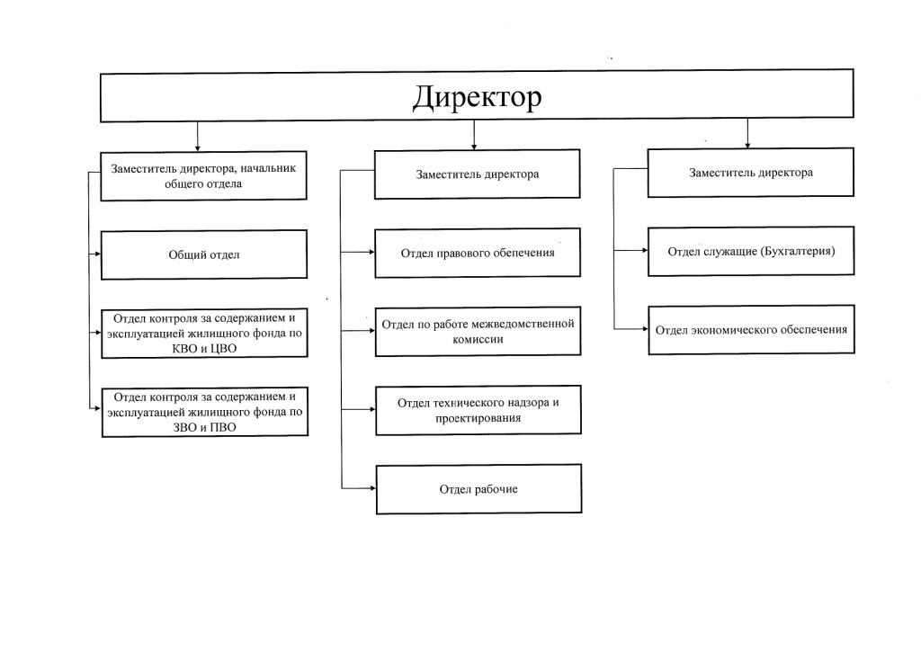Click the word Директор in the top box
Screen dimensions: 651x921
pos(477,96)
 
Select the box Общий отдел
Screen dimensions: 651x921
pos(204,254)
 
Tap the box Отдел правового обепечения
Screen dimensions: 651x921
pos(478,253)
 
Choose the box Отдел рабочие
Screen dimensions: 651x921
pos(478,489)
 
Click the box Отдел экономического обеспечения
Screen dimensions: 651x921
pos(751,330)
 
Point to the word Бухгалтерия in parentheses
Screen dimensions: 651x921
pos(797,251)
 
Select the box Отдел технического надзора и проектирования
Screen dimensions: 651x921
pos(478,410)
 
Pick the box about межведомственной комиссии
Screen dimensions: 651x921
pos(478,331)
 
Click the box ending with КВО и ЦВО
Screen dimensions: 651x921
pos(204,333)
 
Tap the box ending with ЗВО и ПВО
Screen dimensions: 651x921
pos(204,412)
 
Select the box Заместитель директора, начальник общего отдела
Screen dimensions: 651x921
pos(204,175)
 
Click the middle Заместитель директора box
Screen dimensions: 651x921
pos(478,174)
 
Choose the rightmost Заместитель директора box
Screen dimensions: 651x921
pos(751,173)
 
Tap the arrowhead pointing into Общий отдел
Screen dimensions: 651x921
pos(96,254)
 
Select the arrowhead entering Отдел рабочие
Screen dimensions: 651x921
pos(371,488)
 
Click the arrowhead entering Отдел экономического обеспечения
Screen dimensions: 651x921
pos(644,330)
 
